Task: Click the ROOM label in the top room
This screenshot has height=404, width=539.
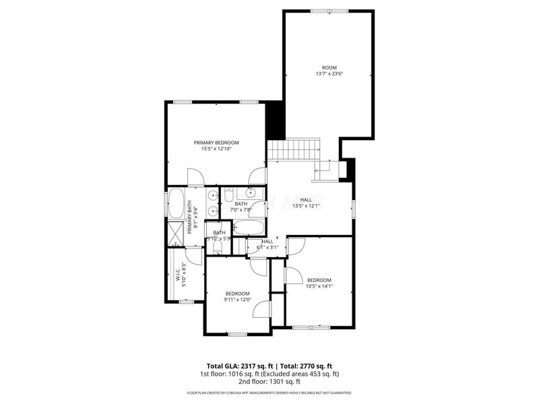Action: coord(329,67)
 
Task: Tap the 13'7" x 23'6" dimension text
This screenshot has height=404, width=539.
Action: coord(329,74)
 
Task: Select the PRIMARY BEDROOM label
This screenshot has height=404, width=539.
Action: coord(216,142)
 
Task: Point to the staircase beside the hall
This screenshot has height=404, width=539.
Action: coord(294,149)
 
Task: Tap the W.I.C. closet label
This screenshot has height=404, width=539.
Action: coord(178,276)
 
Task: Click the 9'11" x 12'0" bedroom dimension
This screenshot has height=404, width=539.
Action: coord(238,300)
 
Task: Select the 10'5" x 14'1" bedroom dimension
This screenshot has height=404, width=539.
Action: coord(319,286)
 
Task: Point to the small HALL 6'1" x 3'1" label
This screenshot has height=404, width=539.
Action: coord(267,244)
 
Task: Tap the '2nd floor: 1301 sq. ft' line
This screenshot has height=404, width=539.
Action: coord(269,381)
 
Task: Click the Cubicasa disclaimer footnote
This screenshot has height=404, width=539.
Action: coord(269,392)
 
